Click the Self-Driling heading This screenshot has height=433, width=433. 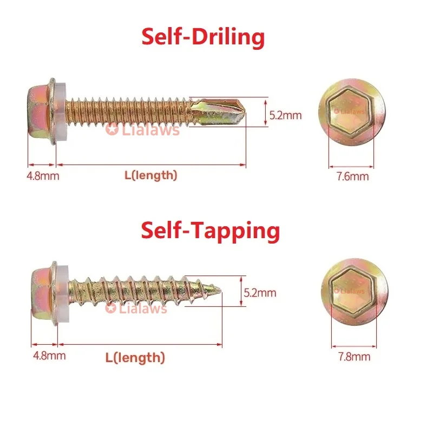pyautogui.click(x=203, y=38)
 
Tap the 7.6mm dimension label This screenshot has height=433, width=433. pyautogui.click(x=353, y=176)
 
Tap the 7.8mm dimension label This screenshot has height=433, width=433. pyautogui.click(x=354, y=356)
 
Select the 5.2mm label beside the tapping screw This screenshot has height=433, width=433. pyautogui.click(x=260, y=293)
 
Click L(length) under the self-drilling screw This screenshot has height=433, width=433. pyautogui.click(x=150, y=175)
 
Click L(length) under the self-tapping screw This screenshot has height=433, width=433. pyautogui.click(x=135, y=357)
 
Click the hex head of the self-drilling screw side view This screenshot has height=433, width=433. pyautogui.click(x=39, y=111)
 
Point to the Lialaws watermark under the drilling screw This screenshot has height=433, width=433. pyautogui.click(x=143, y=130)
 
